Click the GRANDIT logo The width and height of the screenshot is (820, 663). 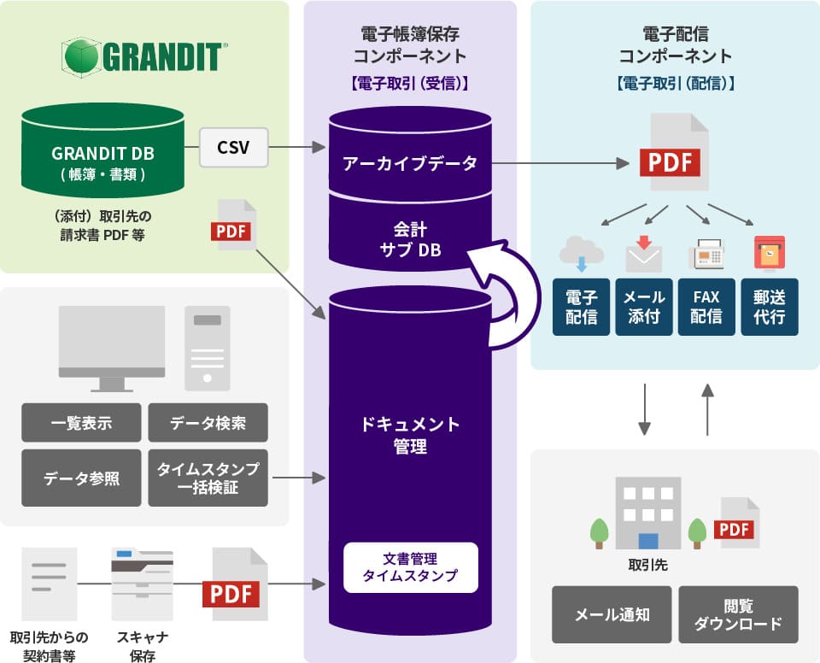point(143,56)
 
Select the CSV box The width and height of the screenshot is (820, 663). point(233,148)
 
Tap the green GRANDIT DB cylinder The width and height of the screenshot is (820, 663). point(102,154)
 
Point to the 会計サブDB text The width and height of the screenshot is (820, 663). point(410,239)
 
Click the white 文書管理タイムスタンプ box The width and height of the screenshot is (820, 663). point(410,567)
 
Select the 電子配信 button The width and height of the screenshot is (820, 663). point(581,307)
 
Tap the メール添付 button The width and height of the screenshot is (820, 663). point(644,307)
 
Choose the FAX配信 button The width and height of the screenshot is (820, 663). point(706,307)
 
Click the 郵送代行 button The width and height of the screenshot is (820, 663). point(770,307)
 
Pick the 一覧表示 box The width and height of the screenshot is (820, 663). point(81,422)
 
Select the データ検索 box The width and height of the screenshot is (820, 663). point(208,422)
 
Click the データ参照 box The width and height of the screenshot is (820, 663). point(81,478)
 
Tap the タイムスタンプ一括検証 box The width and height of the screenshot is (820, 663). point(208,478)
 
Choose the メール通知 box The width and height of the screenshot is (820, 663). point(612,614)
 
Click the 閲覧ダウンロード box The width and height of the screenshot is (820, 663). point(738,614)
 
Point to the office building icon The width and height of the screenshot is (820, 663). point(648,513)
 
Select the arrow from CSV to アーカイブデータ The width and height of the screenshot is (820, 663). point(299,149)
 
